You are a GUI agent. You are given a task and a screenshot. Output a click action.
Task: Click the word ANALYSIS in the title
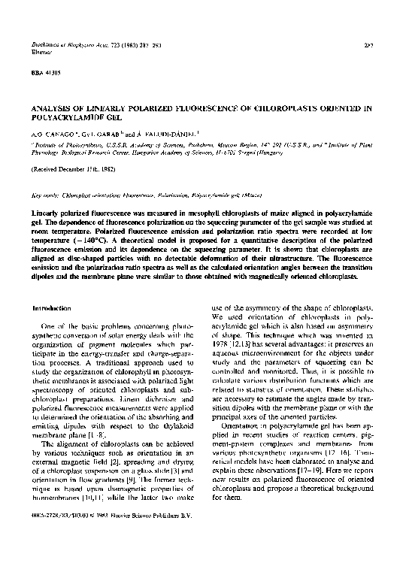coord(52,108)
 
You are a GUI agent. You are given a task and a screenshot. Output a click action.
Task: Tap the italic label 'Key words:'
coord(44,195)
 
